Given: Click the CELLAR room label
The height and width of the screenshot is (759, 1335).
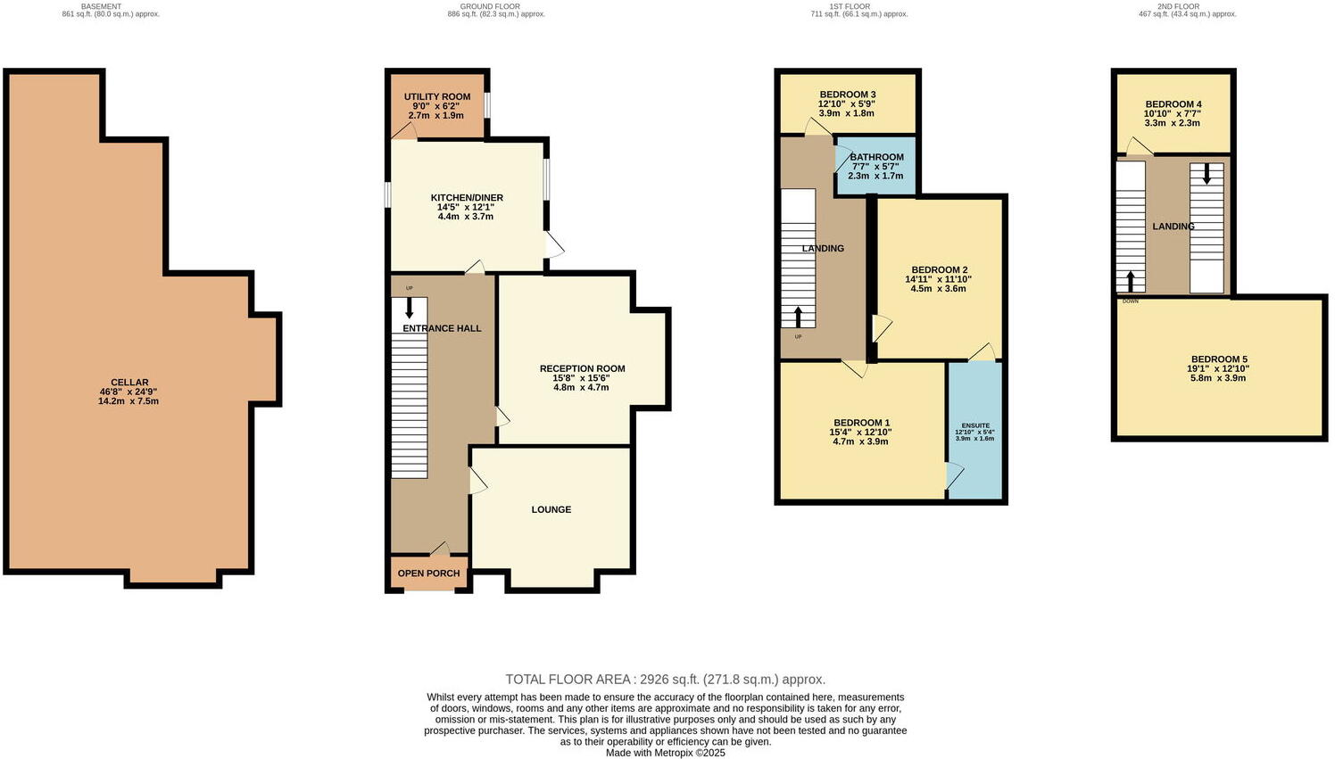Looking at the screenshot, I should click(x=129, y=383).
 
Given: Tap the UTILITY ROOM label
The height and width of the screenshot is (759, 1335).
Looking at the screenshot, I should click(x=436, y=96).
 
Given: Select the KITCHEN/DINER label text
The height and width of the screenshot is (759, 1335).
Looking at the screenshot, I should click(x=467, y=198).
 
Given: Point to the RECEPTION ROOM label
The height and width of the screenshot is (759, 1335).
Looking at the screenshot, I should click(x=582, y=368).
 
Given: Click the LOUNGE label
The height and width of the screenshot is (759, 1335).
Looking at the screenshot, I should click(x=551, y=509).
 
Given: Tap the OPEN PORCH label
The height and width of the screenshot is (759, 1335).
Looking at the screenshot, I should click(x=429, y=573).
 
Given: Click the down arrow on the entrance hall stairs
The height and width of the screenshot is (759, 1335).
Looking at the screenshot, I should click(x=410, y=309).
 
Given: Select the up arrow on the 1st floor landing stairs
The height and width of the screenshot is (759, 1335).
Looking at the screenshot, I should click(x=798, y=317).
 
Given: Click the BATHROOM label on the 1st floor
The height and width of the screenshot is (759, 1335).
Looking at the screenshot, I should click(x=876, y=157).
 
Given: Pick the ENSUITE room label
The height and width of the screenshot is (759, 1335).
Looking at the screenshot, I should click(x=974, y=425).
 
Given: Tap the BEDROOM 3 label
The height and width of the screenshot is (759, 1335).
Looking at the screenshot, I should click(x=847, y=95).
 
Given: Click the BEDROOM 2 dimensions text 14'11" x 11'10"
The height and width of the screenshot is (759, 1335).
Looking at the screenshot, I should click(x=939, y=279).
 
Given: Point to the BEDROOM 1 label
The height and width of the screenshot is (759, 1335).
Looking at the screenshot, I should click(x=861, y=423).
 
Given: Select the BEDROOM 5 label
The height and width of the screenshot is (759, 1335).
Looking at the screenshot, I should click(x=1218, y=359).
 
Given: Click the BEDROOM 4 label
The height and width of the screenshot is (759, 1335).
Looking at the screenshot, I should click(x=1173, y=103).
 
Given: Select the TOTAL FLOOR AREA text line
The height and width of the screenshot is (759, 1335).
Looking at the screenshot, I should click(x=665, y=679).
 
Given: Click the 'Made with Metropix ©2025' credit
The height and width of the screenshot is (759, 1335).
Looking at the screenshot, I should click(x=665, y=753).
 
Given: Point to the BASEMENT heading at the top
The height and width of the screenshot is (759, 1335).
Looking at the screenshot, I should click(x=101, y=6).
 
